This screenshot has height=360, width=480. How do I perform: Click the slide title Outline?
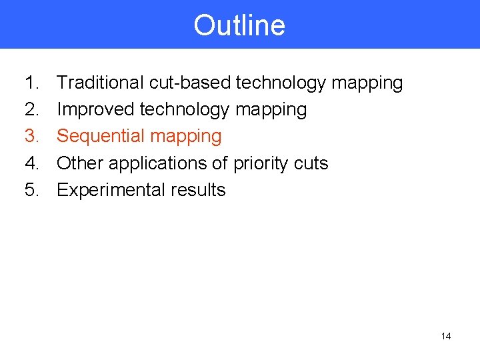click(x=239, y=25)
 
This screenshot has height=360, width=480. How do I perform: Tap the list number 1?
click(x=31, y=83)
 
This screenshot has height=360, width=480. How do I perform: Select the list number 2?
click(x=31, y=109)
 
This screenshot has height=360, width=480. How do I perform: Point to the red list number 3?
click(x=31, y=136)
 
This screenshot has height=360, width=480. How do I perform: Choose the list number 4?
click(x=31, y=163)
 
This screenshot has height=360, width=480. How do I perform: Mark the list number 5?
click(x=31, y=190)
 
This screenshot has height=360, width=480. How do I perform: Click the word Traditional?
click(x=100, y=83)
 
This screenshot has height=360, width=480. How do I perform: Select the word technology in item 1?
click(x=281, y=83)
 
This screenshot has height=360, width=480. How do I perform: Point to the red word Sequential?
click(x=101, y=137)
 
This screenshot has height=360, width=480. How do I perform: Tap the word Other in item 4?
click(x=80, y=163)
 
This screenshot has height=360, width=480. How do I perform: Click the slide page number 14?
click(x=446, y=336)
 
